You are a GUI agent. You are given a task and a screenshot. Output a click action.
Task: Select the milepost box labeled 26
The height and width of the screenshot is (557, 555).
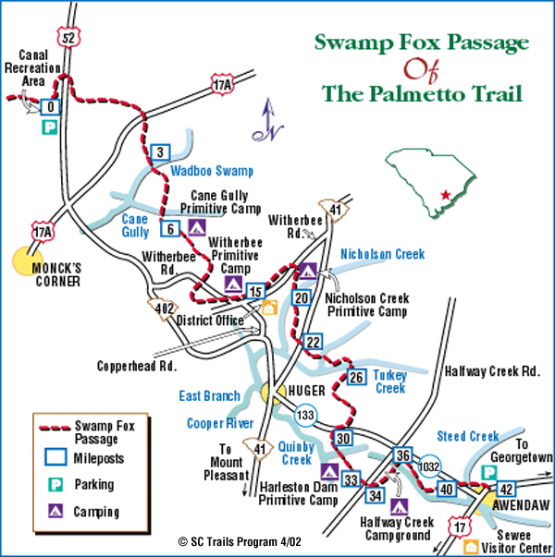357,377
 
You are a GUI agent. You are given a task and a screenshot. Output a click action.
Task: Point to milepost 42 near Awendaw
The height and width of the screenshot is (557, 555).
506,488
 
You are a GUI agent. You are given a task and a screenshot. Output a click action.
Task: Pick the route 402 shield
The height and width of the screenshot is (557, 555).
165,307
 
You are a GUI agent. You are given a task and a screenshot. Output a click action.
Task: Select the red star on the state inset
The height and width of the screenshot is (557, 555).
446,195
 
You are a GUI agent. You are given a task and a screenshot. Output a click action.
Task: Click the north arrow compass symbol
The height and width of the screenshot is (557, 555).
269,123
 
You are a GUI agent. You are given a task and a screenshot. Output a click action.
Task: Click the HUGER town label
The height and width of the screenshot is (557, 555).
307,391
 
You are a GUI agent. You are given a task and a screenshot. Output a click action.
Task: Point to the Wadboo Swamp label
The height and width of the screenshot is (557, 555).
212,171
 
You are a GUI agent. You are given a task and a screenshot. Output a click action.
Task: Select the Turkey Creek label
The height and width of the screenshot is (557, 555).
389,381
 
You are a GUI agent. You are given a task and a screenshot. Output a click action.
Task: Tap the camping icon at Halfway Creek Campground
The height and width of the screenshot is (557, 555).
400,506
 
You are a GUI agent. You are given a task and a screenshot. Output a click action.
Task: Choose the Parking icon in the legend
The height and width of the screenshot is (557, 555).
52,484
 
